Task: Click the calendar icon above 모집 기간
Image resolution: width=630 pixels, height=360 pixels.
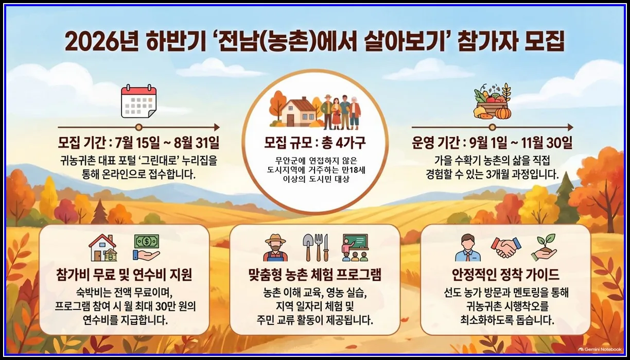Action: tap(138, 101)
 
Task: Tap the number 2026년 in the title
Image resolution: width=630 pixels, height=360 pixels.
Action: tap(101, 42)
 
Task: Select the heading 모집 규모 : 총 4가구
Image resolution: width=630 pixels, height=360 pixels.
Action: tap(315, 143)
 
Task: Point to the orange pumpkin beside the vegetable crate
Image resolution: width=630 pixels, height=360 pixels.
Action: tap(502, 113)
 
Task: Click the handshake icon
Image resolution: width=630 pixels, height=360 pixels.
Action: tap(505, 247)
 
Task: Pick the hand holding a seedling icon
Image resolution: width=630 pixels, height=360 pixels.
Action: tap(544, 247)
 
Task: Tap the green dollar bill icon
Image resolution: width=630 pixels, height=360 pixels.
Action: tap(147, 242)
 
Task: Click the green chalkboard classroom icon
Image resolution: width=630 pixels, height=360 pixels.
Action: tap(355, 247)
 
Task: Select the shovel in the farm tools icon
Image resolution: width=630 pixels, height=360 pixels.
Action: tap(307, 247)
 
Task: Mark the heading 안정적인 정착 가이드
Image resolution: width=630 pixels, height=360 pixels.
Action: tap(505, 275)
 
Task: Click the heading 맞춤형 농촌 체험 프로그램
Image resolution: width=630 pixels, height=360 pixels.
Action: tap(315, 275)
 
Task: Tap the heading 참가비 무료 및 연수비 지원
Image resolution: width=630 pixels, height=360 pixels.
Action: tap(125, 275)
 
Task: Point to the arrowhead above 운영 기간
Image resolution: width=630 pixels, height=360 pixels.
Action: tap(571, 127)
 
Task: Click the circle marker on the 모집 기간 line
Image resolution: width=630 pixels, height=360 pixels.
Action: tap(138, 127)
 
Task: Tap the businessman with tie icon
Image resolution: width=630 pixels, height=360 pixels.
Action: tap(468, 248)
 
